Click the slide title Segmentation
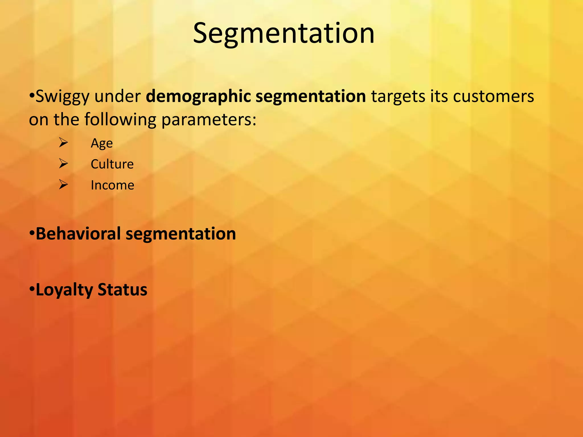(x=284, y=34)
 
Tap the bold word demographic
(x=198, y=97)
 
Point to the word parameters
(x=209, y=119)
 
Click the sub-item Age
(x=102, y=143)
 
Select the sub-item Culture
(x=112, y=164)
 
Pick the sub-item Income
(x=112, y=185)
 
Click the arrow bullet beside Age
(x=63, y=143)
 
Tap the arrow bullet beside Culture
(x=63, y=164)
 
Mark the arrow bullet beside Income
(x=63, y=185)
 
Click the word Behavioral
(x=78, y=234)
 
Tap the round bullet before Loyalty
(x=32, y=290)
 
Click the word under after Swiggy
(x=118, y=97)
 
